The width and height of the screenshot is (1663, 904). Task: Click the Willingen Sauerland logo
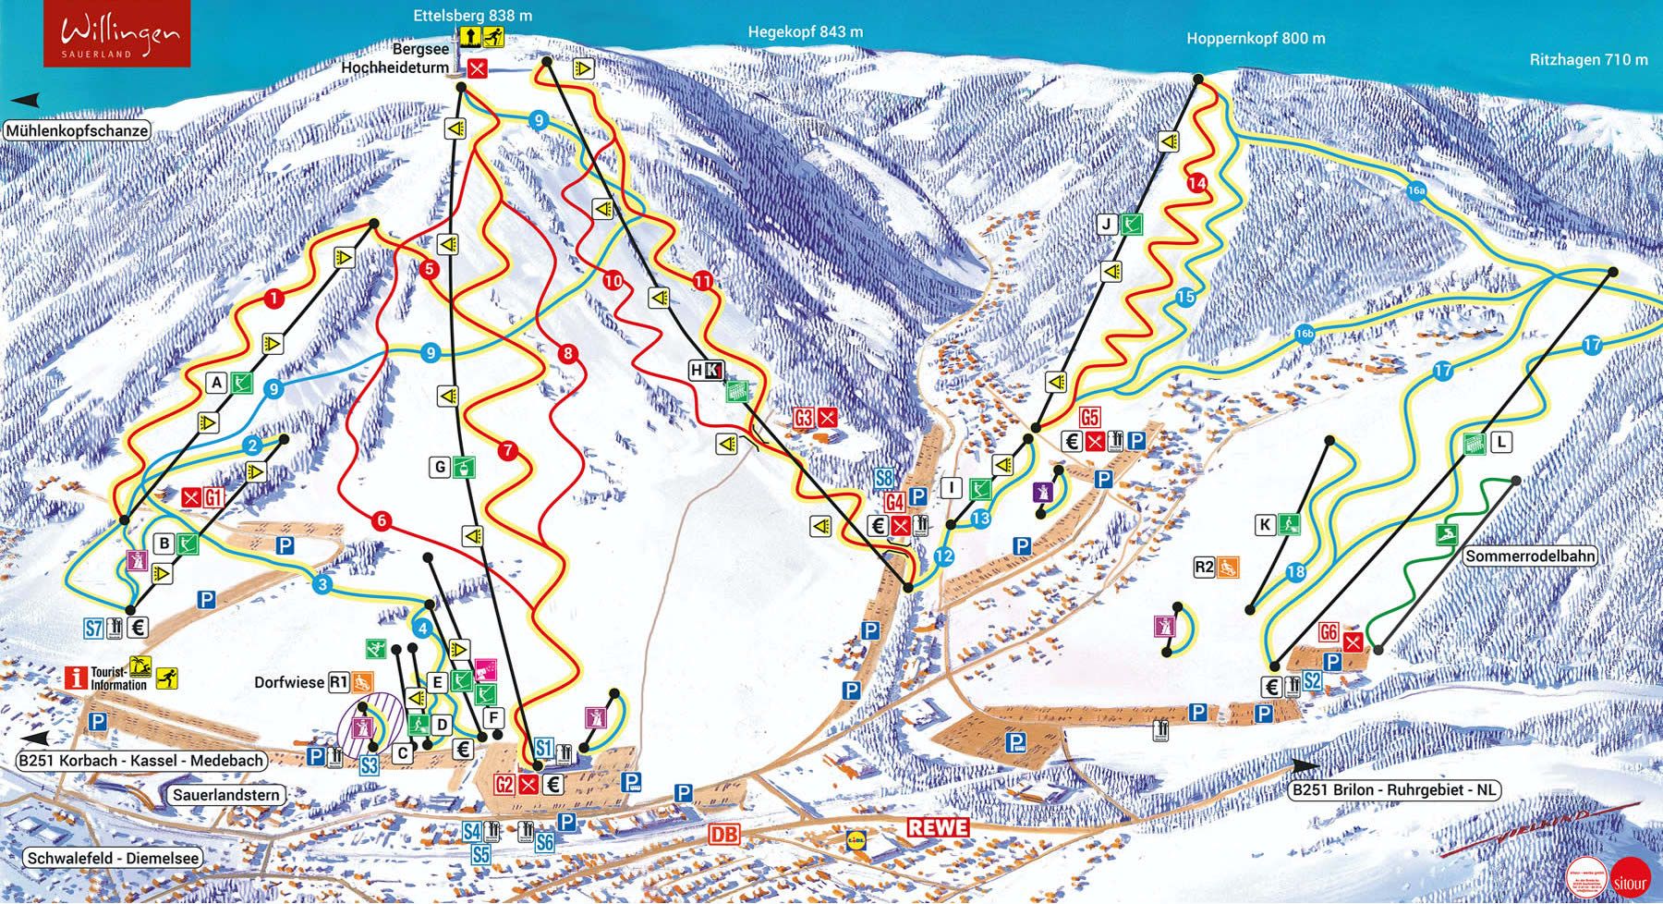[x=117, y=34]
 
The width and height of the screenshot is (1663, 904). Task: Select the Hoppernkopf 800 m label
[x=1256, y=38]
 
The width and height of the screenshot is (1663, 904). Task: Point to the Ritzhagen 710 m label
[x=1588, y=59]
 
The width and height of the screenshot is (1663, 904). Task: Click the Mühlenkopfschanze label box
[x=77, y=130]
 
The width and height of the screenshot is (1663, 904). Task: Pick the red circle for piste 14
[x=1197, y=183]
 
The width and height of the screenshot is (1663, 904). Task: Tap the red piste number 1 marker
[x=273, y=298]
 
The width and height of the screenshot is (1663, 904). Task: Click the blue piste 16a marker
[x=1416, y=191]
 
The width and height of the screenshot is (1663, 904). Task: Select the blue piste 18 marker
[x=1295, y=572]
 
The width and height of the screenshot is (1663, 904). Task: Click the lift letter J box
[x=1107, y=224]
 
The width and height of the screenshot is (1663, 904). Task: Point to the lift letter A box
[x=217, y=382]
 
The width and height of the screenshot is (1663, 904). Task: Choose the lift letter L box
[x=1501, y=443]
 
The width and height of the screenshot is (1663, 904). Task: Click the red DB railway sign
[x=725, y=833]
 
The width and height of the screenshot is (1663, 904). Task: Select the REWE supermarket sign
[x=938, y=827]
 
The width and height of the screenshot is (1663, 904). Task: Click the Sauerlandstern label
[x=226, y=795]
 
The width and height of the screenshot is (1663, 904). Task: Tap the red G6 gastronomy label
[x=1329, y=633]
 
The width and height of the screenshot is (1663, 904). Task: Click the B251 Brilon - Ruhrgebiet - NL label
[x=1393, y=790]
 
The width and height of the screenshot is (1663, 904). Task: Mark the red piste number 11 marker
[x=704, y=281]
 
